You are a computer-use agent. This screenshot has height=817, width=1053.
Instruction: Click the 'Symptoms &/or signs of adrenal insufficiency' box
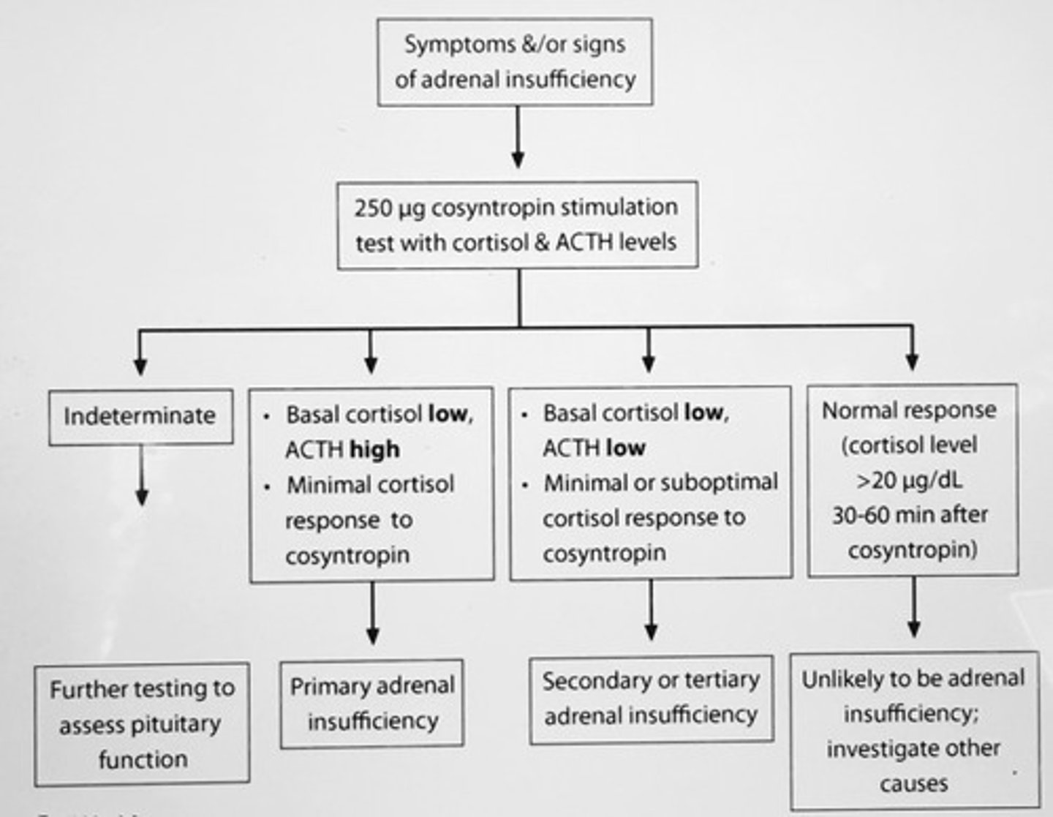(515, 62)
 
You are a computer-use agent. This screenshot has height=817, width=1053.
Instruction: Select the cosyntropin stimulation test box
(517, 225)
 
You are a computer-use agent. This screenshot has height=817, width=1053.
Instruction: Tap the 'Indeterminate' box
(140, 416)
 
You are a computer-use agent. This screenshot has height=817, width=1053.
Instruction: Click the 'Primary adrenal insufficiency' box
(372, 704)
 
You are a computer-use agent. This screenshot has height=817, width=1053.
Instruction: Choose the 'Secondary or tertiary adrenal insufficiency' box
(651, 699)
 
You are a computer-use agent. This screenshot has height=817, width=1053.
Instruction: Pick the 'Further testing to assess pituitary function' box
(142, 723)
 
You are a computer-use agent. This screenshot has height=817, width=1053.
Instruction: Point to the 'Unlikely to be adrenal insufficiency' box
(914, 731)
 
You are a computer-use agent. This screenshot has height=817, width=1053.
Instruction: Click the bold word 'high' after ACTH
(374, 449)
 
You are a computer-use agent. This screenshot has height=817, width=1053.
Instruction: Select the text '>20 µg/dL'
(910, 480)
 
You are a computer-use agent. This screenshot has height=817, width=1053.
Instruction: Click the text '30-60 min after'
(910, 515)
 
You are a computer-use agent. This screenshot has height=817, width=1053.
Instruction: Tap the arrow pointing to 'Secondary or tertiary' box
(651, 610)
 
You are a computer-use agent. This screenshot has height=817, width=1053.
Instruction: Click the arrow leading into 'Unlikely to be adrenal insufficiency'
(913, 607)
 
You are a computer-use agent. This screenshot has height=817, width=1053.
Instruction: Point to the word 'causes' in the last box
(913, 783)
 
